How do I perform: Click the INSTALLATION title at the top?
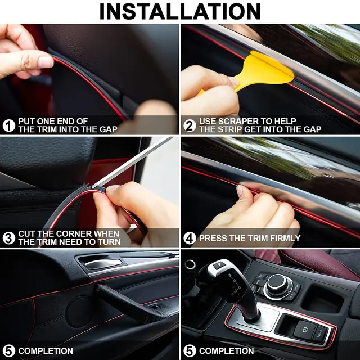point(180,11)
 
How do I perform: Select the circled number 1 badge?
point(9,125)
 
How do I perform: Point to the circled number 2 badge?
point(190,125)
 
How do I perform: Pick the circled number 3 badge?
point(9,238)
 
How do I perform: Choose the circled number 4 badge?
point(190,238)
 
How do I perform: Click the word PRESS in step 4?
point(213,238)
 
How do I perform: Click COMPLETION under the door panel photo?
point(45,351)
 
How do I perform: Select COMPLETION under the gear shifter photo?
point(226,351)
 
